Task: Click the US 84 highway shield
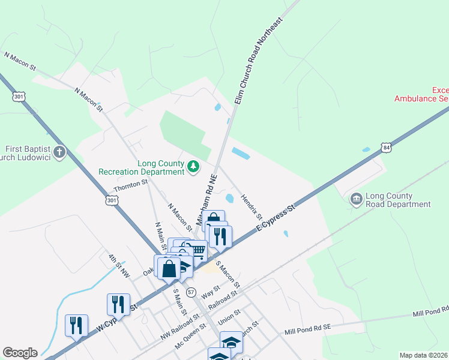[385, 148]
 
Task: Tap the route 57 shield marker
[191, 292]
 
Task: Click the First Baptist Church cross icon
[59, 152]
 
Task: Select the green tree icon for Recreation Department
[193, 166]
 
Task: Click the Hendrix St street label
[252, 206]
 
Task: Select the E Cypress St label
[277, 218]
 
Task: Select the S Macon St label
[228, 273]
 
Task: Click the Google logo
[20, 353]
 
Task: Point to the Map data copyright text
[423, 355]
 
